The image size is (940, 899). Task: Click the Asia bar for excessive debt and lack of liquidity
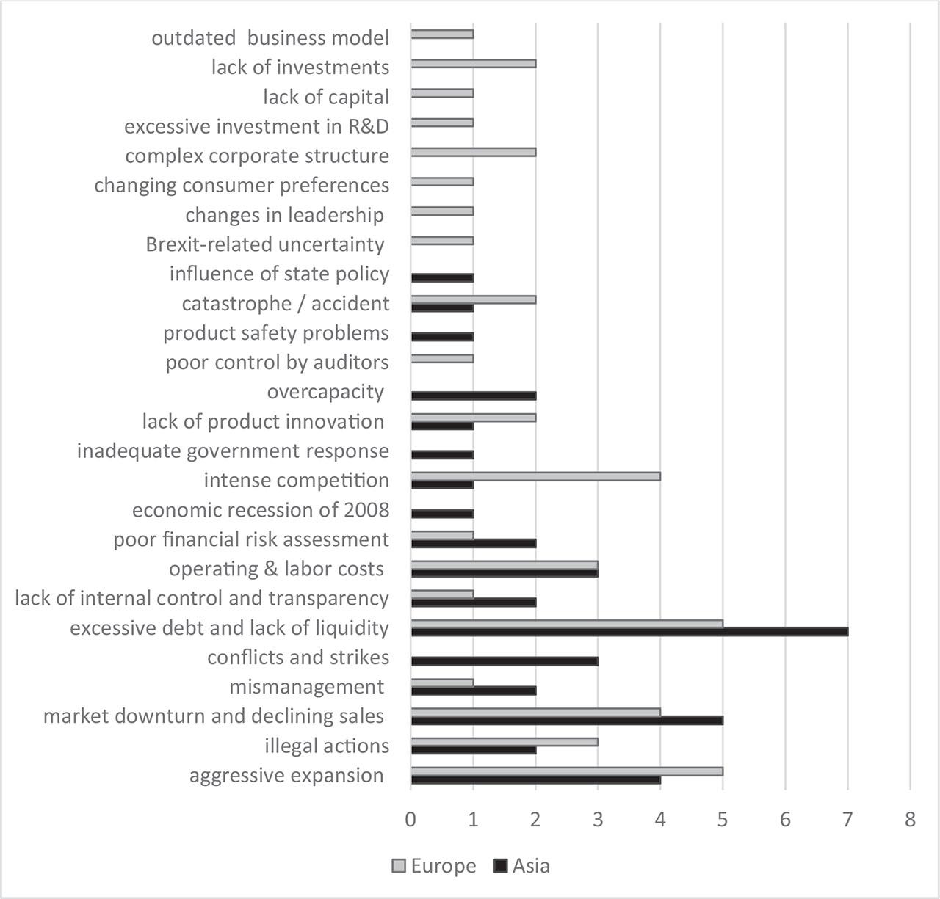[x=629, y=632]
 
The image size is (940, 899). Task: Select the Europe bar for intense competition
[x=535, y=476]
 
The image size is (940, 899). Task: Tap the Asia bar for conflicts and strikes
[x=505, y=661]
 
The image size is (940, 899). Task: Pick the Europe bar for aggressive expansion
[x=567, y=771]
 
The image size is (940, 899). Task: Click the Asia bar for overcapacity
[x=474, y=396]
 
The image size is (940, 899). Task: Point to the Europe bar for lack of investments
[x=474, y=64]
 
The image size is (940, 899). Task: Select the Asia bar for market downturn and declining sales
[x=567, y=720]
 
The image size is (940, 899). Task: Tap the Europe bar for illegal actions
[x=505, y=742]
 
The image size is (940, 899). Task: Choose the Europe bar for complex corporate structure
[x=474, y=152]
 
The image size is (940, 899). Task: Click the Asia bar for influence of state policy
[x=442, y=277]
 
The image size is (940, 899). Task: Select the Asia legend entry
[x=522, y=866]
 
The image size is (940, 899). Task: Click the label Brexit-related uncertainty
[x=265, y=244]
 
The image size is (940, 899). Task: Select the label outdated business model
[x=270, y=38]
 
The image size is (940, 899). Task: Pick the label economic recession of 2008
[x=261, y=510]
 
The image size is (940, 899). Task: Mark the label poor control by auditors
[x=277, y=363]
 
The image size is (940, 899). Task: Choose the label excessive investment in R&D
[x=256, y=127]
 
